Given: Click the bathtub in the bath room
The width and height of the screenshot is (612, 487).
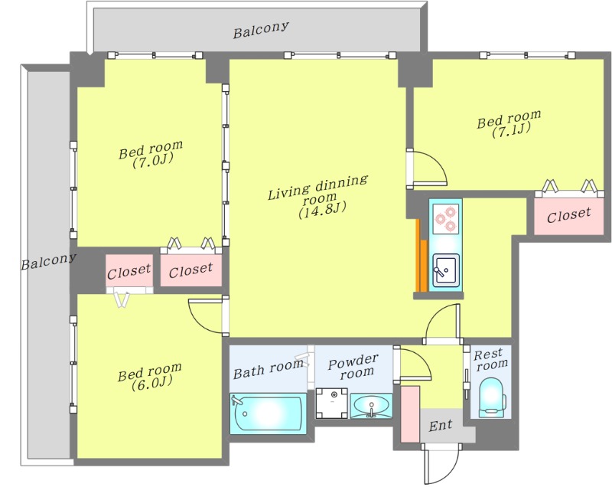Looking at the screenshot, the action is pyautogui.click(x=268, y=413).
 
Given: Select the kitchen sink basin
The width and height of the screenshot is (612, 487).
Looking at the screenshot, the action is pyautogui.click(x=446, y=270).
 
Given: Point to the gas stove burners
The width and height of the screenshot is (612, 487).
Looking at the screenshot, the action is pyautogui.click(x=446, y=219).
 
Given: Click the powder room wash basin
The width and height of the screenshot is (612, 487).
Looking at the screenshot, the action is pyautogui.click(x=371, y=406).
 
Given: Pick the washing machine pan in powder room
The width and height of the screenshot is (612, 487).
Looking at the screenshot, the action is pyautogui.click(x=331, y=403).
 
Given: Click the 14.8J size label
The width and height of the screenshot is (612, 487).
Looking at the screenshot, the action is pyautogui.click(x=322, y=211).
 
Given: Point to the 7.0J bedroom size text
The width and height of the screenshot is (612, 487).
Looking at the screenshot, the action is pyautogui.click(x=152, y=161).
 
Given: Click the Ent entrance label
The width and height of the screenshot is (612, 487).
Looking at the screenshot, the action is pyautogui.click(x=441, y=425).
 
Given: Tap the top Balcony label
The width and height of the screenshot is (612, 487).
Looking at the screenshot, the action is pyautogui.click(x=261, y=30).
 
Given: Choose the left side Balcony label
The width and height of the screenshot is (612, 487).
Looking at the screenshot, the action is pyautogui.click(x=48, y=262).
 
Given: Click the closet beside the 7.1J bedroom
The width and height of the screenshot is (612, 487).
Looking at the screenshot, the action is pyautogui.click(x=568, y=214).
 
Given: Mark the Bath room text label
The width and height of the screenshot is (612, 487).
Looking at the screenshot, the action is pyautogui.click(x=269, y=369).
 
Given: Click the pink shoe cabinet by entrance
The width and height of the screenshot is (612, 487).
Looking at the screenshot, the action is pyautogui.click(x=410, y=414).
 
